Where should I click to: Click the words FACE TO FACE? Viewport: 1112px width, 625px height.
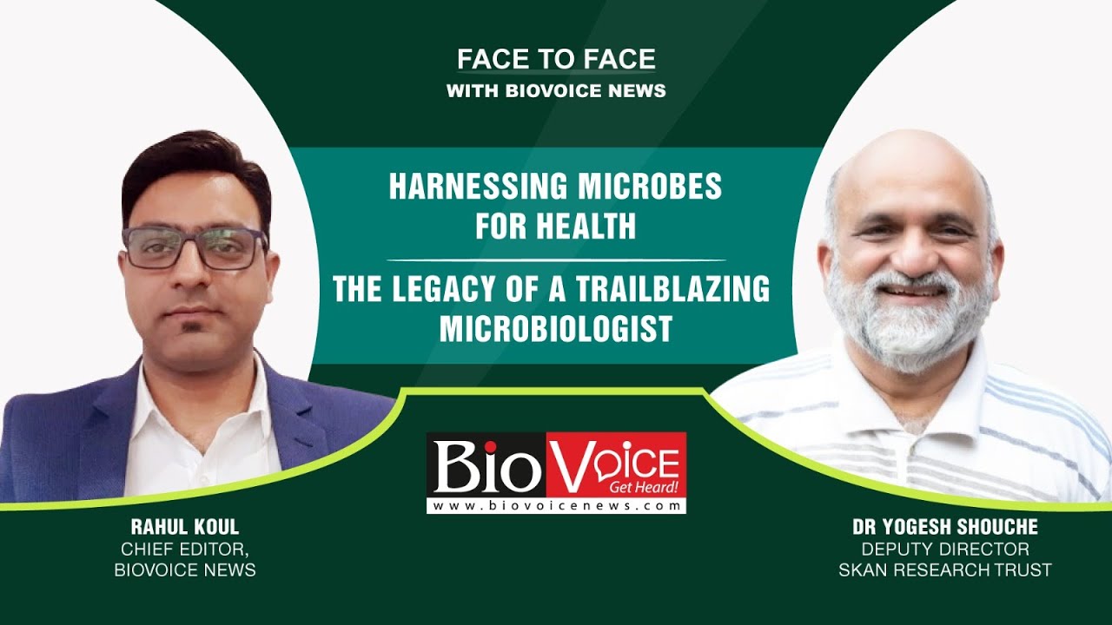point(556,60)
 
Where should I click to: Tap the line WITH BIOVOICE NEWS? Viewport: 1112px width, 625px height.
point(556,90)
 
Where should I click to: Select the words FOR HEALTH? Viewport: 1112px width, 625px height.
point(556,227)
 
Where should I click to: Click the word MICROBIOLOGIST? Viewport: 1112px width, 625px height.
point(556,329)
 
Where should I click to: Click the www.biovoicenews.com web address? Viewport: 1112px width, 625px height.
point(556,506)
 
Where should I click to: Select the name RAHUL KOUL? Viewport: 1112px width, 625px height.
point(185,527)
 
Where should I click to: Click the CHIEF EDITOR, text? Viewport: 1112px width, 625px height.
point(185,549)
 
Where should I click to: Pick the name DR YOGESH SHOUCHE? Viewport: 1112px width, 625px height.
point(944,528)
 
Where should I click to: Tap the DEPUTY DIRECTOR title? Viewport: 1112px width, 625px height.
point(944,549)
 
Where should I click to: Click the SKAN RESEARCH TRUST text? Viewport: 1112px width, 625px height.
point(944,570)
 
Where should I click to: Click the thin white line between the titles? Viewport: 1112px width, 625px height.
point(556,260)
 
